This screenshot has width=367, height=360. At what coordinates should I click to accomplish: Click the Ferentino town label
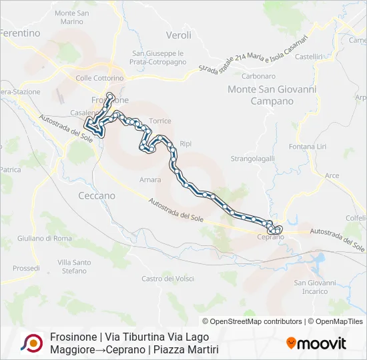tap(21, 33)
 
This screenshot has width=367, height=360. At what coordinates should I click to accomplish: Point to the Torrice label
tap(160, 121)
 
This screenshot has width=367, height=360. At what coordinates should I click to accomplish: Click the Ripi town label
tap(186, 143)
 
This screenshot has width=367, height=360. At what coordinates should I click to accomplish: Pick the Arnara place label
tap(150, 180)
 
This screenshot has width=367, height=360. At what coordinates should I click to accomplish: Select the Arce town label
tap(332, 175)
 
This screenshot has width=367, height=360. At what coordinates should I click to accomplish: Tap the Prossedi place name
tap(26, 268)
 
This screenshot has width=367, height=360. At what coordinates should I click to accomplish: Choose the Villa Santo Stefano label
tap(73, 267)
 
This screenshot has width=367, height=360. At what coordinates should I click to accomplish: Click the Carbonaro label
tap(260, 76)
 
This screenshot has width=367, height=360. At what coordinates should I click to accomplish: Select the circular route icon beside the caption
tap(31, 343)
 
